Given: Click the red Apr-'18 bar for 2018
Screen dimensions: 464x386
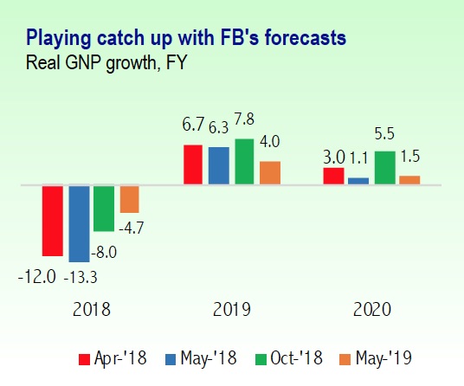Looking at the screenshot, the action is coord(53,221).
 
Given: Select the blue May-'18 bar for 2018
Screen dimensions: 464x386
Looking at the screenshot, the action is coord(79,224).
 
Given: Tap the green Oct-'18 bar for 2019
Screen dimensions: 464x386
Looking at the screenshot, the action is coord(244,162).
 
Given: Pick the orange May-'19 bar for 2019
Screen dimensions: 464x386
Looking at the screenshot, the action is coord(270,173).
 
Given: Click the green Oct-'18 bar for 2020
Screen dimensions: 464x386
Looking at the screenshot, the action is coord(385,168).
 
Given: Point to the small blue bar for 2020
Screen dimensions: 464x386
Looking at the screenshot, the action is coord(358,181).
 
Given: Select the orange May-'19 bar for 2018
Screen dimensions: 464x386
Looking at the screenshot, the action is coord(129,199).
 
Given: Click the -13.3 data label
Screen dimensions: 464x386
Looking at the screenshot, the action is coord(81,278).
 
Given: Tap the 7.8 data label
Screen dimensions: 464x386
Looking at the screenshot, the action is coord(244,119).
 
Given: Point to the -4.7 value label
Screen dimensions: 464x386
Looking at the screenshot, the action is coord(131,228).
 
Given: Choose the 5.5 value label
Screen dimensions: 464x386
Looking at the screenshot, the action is coord(384,133).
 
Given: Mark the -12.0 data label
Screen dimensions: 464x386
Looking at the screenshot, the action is coord(37,277).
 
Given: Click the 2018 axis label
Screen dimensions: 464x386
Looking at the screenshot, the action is coord(92,309).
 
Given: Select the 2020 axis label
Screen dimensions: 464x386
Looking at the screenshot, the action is coord(372,309).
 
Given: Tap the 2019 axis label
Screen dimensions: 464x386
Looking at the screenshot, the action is coord(232,309).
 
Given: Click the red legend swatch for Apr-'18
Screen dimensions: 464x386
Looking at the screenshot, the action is coord(84,359).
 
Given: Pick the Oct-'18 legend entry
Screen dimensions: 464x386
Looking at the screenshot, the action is coord(289,358).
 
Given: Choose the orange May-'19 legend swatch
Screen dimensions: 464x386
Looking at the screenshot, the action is coord(345,359).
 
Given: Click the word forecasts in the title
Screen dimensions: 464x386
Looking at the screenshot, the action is coord(306,38).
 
